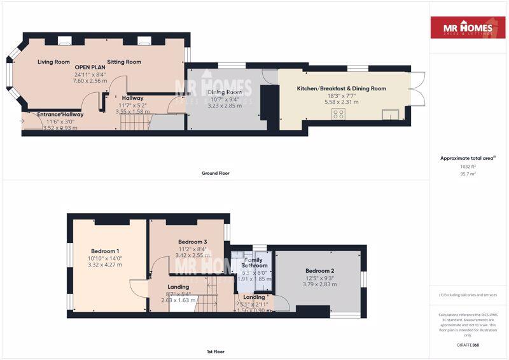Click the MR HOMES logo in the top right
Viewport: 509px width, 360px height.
469,27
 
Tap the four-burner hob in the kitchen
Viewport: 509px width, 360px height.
339,114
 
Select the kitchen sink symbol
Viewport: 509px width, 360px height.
389,115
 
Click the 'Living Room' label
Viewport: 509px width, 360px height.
53,62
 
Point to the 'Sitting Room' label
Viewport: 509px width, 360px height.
124,62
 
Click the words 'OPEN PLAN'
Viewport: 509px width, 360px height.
90,67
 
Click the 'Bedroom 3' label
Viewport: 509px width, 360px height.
192,242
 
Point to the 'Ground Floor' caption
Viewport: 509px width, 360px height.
215,173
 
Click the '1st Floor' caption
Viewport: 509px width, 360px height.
215,351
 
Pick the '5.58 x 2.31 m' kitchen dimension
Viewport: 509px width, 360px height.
342,102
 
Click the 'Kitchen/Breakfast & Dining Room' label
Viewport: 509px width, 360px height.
342,88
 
